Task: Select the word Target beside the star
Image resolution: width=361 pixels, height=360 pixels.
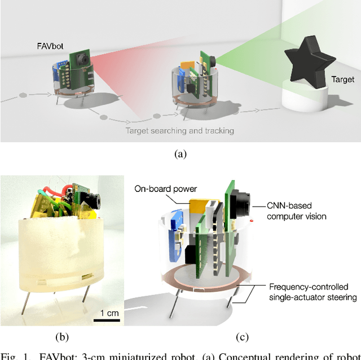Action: click(342, 80)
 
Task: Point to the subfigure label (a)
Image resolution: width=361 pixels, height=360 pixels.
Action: click(180, 153)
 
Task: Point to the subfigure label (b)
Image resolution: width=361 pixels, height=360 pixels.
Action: click(61, 337)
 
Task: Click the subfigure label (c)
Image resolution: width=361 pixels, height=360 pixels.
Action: click(242, 337)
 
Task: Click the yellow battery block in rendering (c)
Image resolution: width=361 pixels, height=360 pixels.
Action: click(200, 208)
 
